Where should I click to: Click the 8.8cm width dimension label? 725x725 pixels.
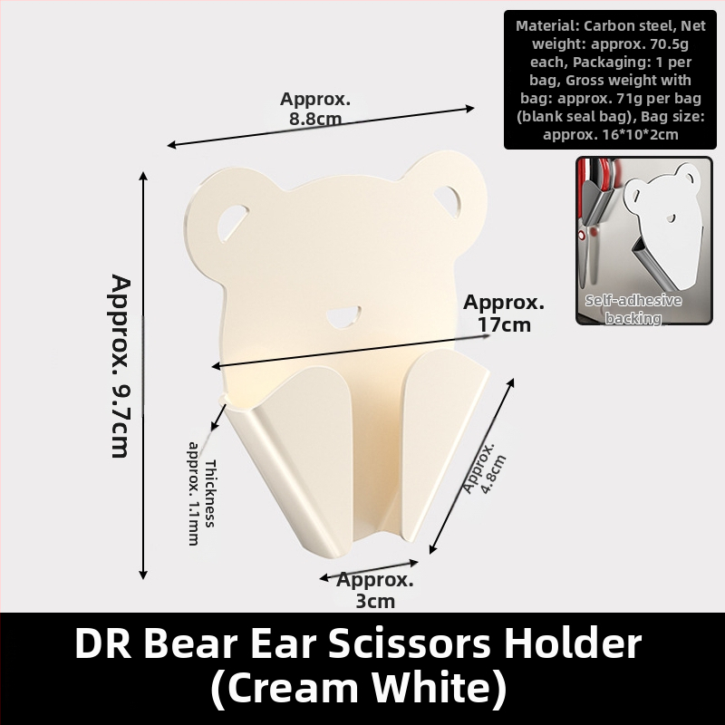click(x=315, y=109)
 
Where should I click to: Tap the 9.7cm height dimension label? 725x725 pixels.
click(x=121, y=366)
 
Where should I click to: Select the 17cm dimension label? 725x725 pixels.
click(x=504, y=314)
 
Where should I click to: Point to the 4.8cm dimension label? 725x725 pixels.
click(x=485, y=468)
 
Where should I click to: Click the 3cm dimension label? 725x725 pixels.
click(x=374, y=591)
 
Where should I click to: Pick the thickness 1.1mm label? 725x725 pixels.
click(x=202, y=493)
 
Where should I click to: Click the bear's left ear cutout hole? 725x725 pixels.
click(x=232, y=222)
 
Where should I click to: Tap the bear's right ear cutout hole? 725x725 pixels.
click(x=449, y=201)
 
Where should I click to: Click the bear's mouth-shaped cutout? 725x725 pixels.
click(x=344, y=316)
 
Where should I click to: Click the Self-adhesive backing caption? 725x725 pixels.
click(x=633, y=309)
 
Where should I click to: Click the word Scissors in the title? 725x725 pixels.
click(x=411, y=643)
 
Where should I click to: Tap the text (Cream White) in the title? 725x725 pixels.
click(x=359, y=688)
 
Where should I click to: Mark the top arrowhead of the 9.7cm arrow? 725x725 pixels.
click(x=143, y=176)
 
